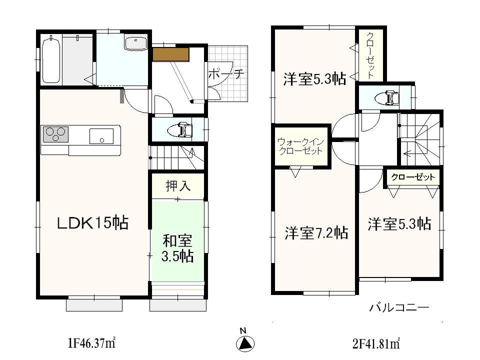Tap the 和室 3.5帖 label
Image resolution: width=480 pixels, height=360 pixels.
177,248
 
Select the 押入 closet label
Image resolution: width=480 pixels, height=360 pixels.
178,186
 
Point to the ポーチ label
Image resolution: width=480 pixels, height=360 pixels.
225,73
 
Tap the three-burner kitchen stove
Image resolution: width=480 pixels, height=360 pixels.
55,134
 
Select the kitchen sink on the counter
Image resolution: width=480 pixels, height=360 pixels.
101,136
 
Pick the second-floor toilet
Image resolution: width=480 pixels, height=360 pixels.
388,98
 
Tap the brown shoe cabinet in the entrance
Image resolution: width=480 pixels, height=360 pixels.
170,54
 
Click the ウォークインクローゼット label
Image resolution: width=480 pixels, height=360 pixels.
300,146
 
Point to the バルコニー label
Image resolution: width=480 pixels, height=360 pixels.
399,307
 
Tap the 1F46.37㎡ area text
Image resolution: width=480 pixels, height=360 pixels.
91,343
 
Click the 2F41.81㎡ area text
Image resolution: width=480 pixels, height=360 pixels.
376,343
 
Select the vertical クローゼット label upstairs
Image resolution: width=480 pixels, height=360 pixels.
370,55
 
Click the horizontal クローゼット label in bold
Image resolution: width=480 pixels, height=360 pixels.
412,177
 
